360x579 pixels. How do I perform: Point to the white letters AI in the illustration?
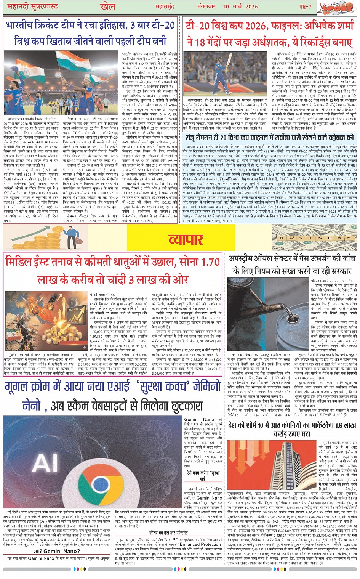(45, 463)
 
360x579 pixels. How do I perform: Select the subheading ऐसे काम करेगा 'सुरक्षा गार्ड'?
(203, 475)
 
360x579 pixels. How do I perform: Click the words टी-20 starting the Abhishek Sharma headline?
(202, 26)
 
